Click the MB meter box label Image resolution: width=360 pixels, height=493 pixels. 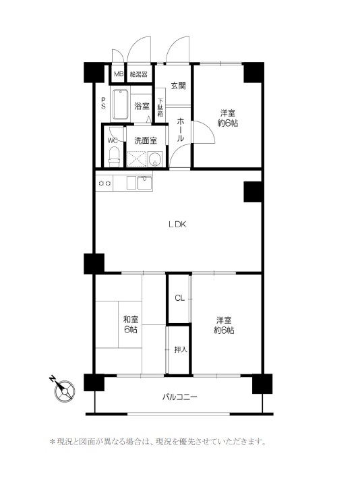[119, 74]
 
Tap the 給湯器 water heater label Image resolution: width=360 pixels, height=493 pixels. [139, 74]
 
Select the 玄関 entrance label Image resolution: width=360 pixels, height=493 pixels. [178, 86]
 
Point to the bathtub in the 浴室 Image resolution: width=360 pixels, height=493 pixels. [120, 105]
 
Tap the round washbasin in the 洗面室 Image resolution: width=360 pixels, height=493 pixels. [155, 158]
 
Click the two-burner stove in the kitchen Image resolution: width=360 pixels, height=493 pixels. [104, 183]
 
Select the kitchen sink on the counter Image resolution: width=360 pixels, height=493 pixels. [144, 183]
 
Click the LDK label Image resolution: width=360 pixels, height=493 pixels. [178, 225]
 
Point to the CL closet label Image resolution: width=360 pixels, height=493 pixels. [180, 298]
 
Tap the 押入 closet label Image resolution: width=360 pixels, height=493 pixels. [181, 349]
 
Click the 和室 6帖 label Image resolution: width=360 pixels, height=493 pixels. [131, 325]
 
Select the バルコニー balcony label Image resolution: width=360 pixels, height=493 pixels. [179, 397]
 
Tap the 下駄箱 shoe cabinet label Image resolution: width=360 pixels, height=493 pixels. [160, 108]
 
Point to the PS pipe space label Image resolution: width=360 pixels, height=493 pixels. [103, 103]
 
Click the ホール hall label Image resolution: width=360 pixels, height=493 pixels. [180, 129]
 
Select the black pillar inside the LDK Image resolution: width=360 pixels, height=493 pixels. [253, 192]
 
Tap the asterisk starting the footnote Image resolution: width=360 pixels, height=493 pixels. [53, 442]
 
